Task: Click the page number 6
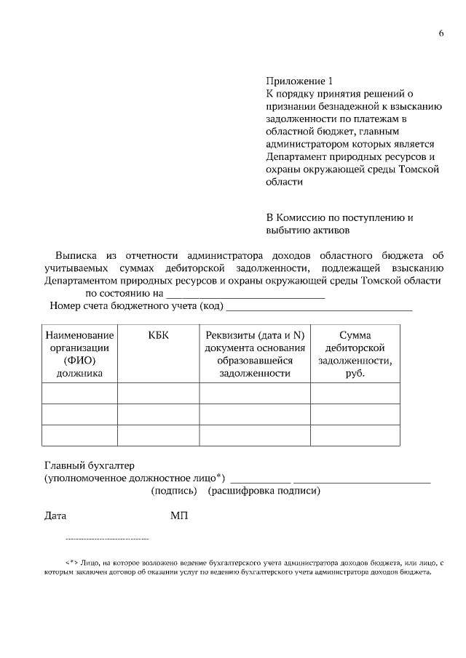click(441, 34)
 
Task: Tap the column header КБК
click(158, 335)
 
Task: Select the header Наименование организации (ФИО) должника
click(79, 354)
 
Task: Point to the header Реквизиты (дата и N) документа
click(255, 354)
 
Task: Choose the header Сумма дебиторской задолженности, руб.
click(355, 354)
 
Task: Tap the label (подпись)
click(174, 491)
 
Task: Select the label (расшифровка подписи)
click(264, 491)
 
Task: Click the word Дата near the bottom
click(55, 516)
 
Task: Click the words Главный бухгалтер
click(90, 465)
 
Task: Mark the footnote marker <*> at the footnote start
click(71, 563)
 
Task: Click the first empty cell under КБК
click(158, 393)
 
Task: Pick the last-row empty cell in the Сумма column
click(355, 436)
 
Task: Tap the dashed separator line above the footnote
click(107, 539)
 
